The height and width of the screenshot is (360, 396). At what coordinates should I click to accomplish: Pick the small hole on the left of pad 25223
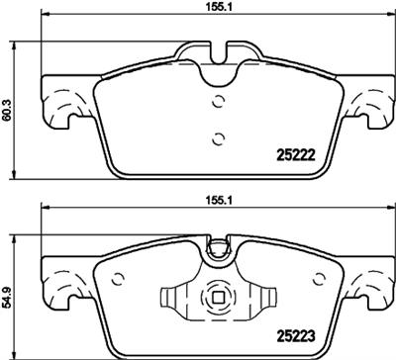tap(119, 277)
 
